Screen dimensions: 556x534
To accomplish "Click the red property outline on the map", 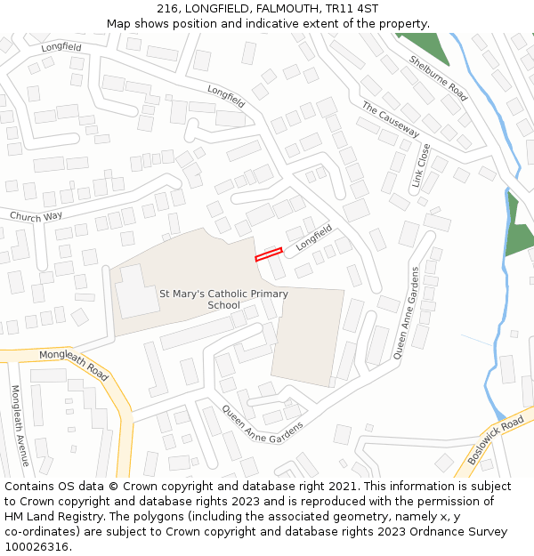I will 269,254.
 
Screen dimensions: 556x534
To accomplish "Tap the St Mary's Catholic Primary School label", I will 223,299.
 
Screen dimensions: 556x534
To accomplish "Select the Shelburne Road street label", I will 438,78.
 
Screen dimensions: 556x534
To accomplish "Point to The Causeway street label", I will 390,119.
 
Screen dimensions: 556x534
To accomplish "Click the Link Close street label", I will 420,165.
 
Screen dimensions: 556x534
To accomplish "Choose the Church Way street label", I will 36,216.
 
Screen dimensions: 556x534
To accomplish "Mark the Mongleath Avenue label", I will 20,425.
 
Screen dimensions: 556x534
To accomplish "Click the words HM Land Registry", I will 53,517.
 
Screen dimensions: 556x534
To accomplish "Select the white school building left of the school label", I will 136,290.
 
